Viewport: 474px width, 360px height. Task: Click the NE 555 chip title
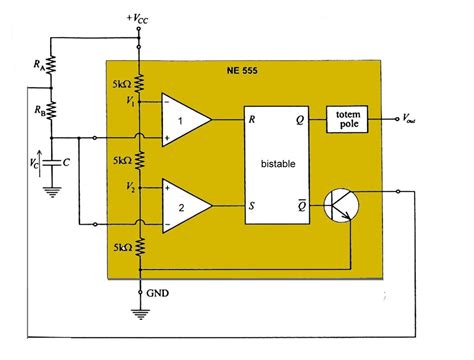click(x=248, y=70)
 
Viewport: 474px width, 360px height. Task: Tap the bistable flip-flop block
click(x=280, y=162)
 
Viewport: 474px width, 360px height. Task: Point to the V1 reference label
click(x=116, y=101)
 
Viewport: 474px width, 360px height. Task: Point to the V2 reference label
click(x=116, y=186)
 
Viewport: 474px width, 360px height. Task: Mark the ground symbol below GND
click(x=139, y=313)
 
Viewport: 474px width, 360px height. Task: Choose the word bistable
click(x=280, y=162)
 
